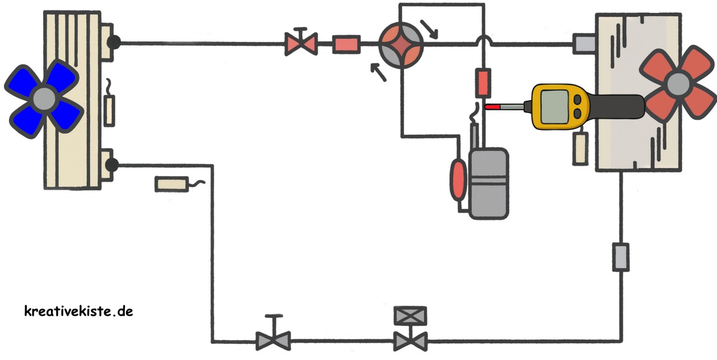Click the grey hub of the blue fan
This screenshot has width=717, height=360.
tap(44, 97)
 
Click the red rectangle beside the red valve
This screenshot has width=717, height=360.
tap(346, 44)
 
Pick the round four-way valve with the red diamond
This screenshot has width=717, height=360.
tap(401, 43)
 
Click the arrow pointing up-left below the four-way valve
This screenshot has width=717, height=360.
tap(378, 72)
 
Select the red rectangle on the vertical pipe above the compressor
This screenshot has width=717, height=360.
tap(483, 82)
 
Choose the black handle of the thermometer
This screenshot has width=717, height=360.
tap(616, 106)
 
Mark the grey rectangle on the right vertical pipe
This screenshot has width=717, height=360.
tap(621, 257)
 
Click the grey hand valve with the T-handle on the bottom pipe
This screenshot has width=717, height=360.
tap(273, 339)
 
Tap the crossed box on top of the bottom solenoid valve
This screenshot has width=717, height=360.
tap(410, 315)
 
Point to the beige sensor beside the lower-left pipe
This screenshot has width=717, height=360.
tap(171, 183)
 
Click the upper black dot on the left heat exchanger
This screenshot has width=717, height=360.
tap(114, 42)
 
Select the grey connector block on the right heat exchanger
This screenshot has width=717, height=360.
tap(584, 44)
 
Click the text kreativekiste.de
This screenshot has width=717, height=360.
tap(78, 311)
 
